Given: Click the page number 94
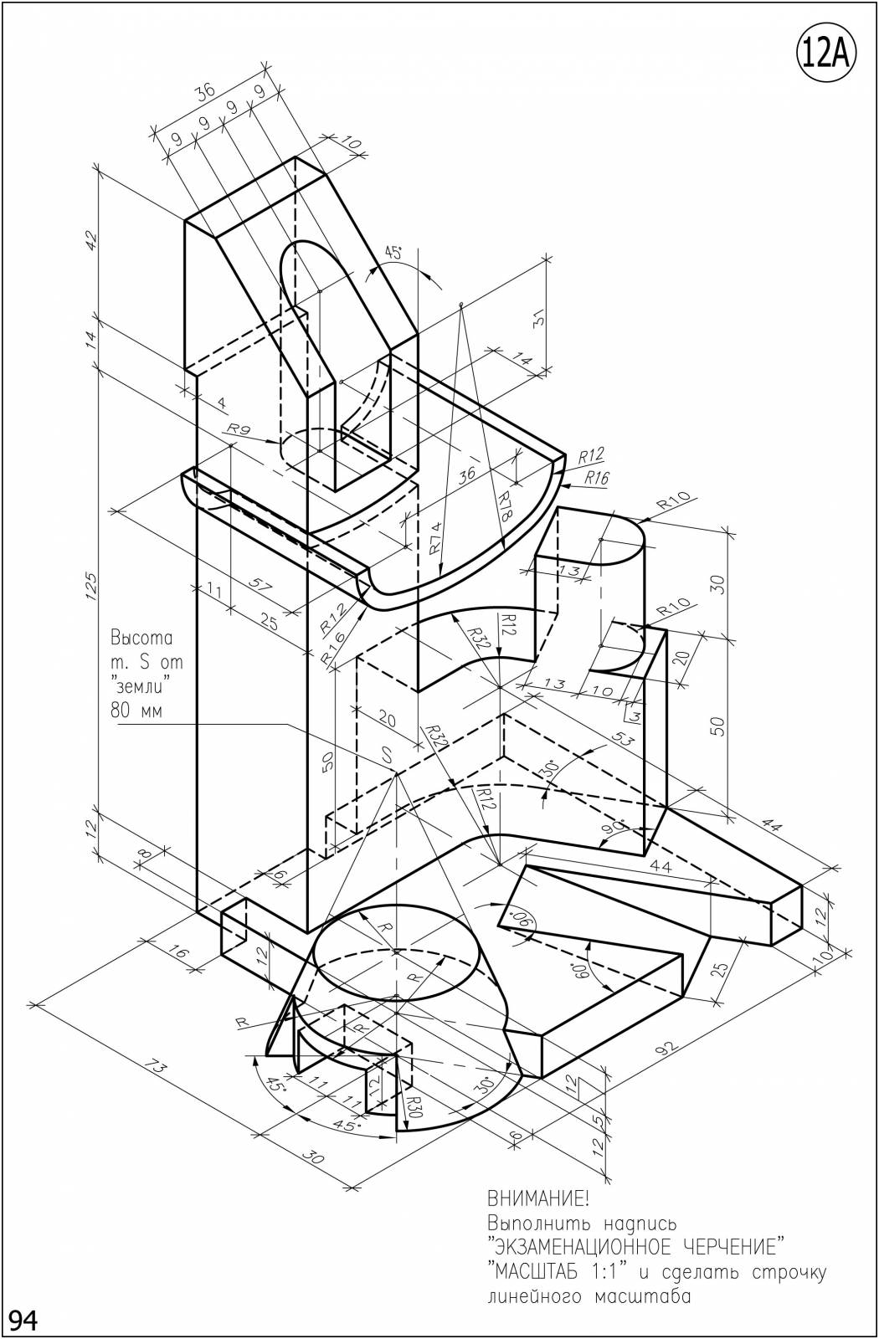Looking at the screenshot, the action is pyautogui.click(x=23, y=1319).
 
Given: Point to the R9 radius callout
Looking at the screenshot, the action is pyautogui.click(x=238, y=428).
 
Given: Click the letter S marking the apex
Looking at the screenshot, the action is pyautogui.click(x=387, y=756).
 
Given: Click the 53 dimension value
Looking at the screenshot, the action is pyautogui.click(x=622, y=740).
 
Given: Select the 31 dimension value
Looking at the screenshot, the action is pyautogui.click(x=539, y=320).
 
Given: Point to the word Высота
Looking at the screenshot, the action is pyautogui.click(x=141, y=638).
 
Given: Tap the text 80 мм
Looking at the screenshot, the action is pyautogui.click(x=136, y=711).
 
